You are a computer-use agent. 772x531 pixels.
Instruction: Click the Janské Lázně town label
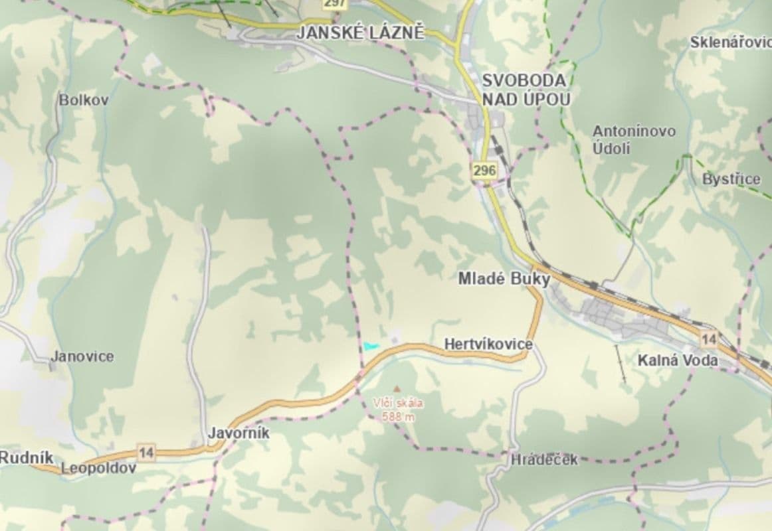(360, 33)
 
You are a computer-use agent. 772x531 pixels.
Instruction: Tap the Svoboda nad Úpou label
(525, 90)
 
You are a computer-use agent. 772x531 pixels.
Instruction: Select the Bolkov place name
(84, 100)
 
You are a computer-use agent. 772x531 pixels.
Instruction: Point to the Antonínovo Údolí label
(634, 139)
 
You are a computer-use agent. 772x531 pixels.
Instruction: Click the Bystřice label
(731, 179)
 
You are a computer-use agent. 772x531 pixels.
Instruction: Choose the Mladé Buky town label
(504, 279)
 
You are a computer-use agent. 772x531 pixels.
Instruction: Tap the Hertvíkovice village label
(488, 344)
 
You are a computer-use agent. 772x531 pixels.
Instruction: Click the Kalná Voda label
(678, 360)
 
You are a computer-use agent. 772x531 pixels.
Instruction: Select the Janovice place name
(82, 356)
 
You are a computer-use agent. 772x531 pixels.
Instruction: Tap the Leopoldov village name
(98, 468)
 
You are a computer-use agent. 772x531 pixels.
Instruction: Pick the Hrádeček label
(545, 459)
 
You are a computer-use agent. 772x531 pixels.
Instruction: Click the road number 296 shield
(485, 171)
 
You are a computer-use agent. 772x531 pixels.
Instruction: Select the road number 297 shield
(336, 3)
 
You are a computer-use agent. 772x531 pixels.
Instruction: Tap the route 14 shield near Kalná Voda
(709, 340)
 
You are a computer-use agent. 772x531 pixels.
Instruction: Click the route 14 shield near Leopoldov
(147, 453)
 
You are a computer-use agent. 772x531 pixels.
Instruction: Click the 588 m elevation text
(399, 417)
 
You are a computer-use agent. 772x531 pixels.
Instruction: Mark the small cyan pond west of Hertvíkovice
(371, 346)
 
